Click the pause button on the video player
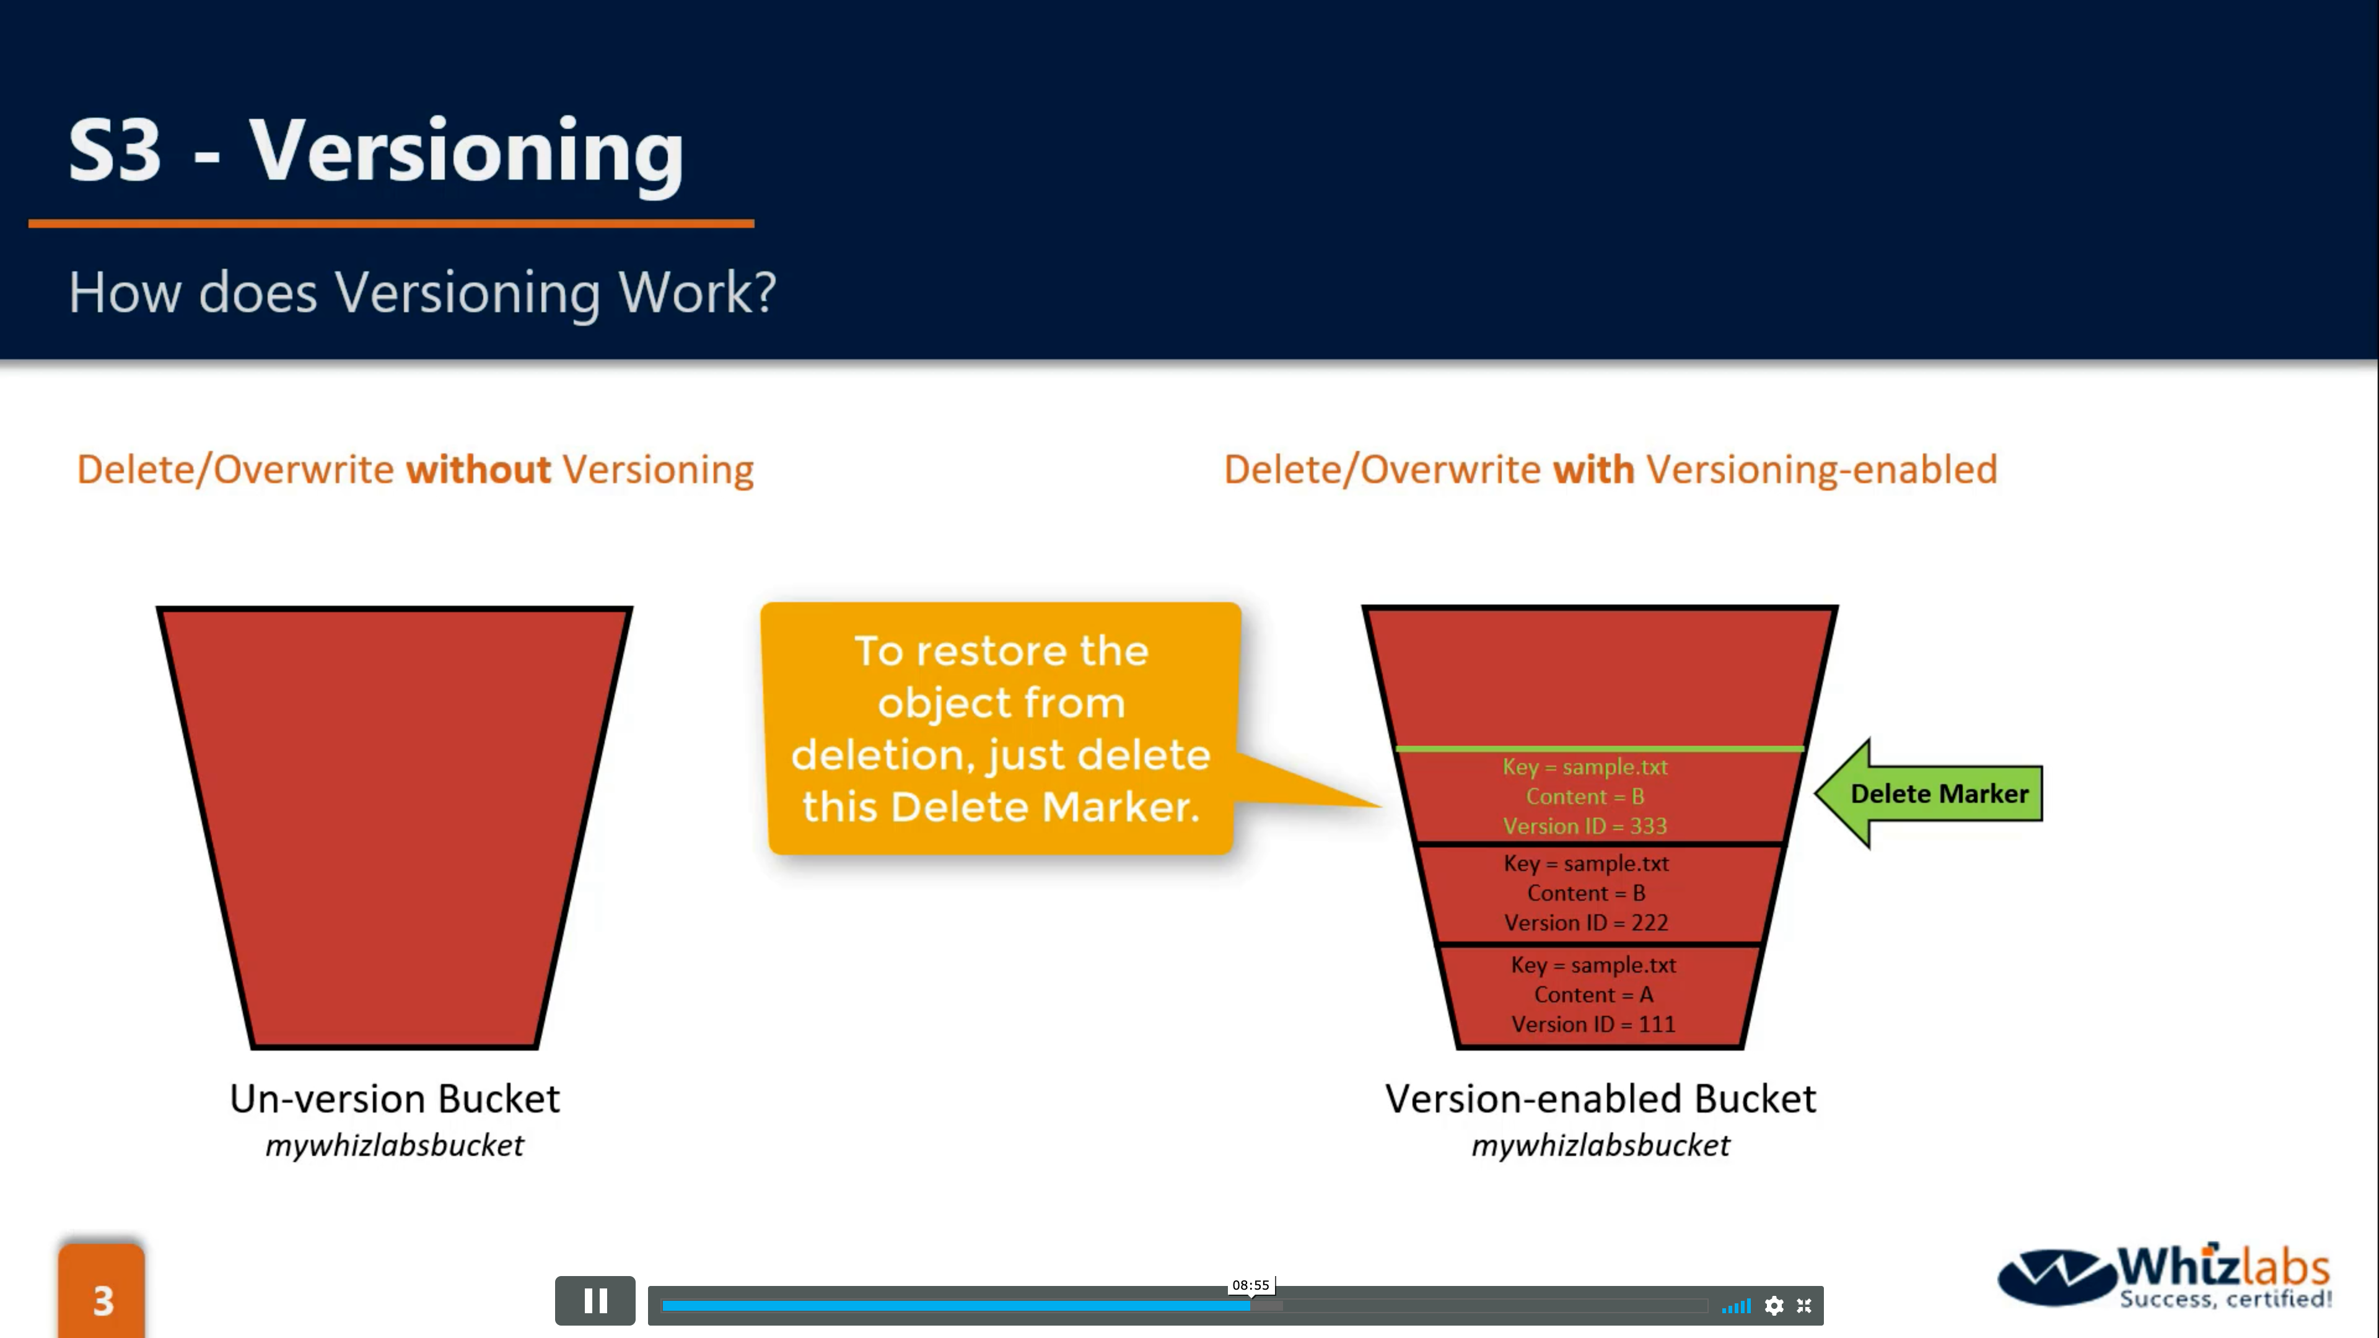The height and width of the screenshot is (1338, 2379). pos(595,1301)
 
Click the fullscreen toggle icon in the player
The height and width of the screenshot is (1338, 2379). pos(1803,1306)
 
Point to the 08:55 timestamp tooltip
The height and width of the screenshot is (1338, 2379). pos(1250,1285)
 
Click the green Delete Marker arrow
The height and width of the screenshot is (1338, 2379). pos(1929,793)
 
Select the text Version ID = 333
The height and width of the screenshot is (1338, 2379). pos(1585,826)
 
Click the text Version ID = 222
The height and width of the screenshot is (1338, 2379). pos(1586,922)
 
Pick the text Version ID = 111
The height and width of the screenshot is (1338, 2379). pos(1593,1024)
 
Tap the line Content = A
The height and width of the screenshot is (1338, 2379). pos(1593,994)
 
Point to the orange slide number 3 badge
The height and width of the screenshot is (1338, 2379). pos(102,1291)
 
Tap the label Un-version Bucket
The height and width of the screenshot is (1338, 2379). pos(395,1099)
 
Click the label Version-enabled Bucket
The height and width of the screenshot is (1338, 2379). pos(1600,1099)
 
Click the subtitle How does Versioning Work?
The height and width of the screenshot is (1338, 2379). pos(422,294)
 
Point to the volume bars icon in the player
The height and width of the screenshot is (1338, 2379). pos(1736,1306)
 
